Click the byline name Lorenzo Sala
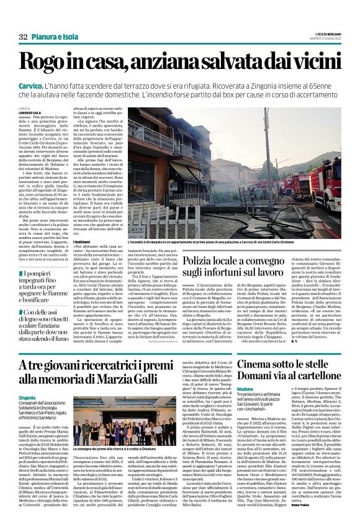click(x=29, y=112)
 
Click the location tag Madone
click(x=263, y=387)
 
